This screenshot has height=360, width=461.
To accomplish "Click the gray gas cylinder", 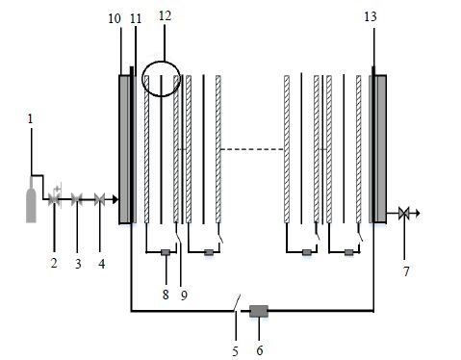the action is (x=31, y=202).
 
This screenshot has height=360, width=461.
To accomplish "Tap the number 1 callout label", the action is (x=30, y=119).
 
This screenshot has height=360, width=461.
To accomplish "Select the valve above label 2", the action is (x=54, y=199).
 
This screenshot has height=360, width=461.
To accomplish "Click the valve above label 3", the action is (x=77, y=199).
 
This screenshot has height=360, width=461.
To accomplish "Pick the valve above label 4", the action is (x=100, y=199).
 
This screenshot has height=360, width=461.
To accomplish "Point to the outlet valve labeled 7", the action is (x=403, y=213).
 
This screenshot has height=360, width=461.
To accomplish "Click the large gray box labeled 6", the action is (x=259, y=311).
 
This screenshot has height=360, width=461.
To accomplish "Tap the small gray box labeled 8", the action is (x=166, y=252).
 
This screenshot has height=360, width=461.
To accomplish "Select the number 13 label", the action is (x=371, y=16).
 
